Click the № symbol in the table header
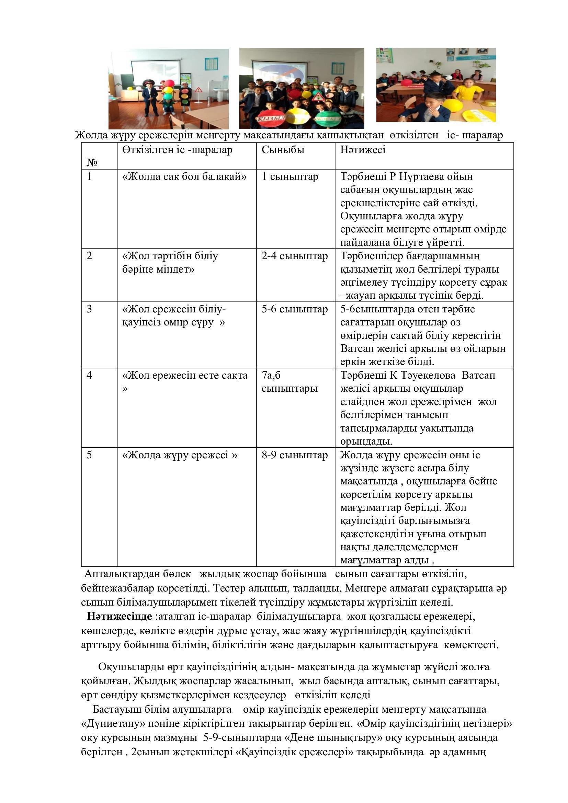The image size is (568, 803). [92, 162]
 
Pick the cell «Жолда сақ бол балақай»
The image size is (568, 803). [184, 176]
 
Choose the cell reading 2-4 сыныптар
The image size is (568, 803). [295, 256]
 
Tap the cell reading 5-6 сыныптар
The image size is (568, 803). [295, 309]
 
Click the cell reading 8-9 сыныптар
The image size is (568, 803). [295, 455]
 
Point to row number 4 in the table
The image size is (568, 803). [90, 375]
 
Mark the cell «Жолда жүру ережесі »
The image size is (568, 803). [179, 455]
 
